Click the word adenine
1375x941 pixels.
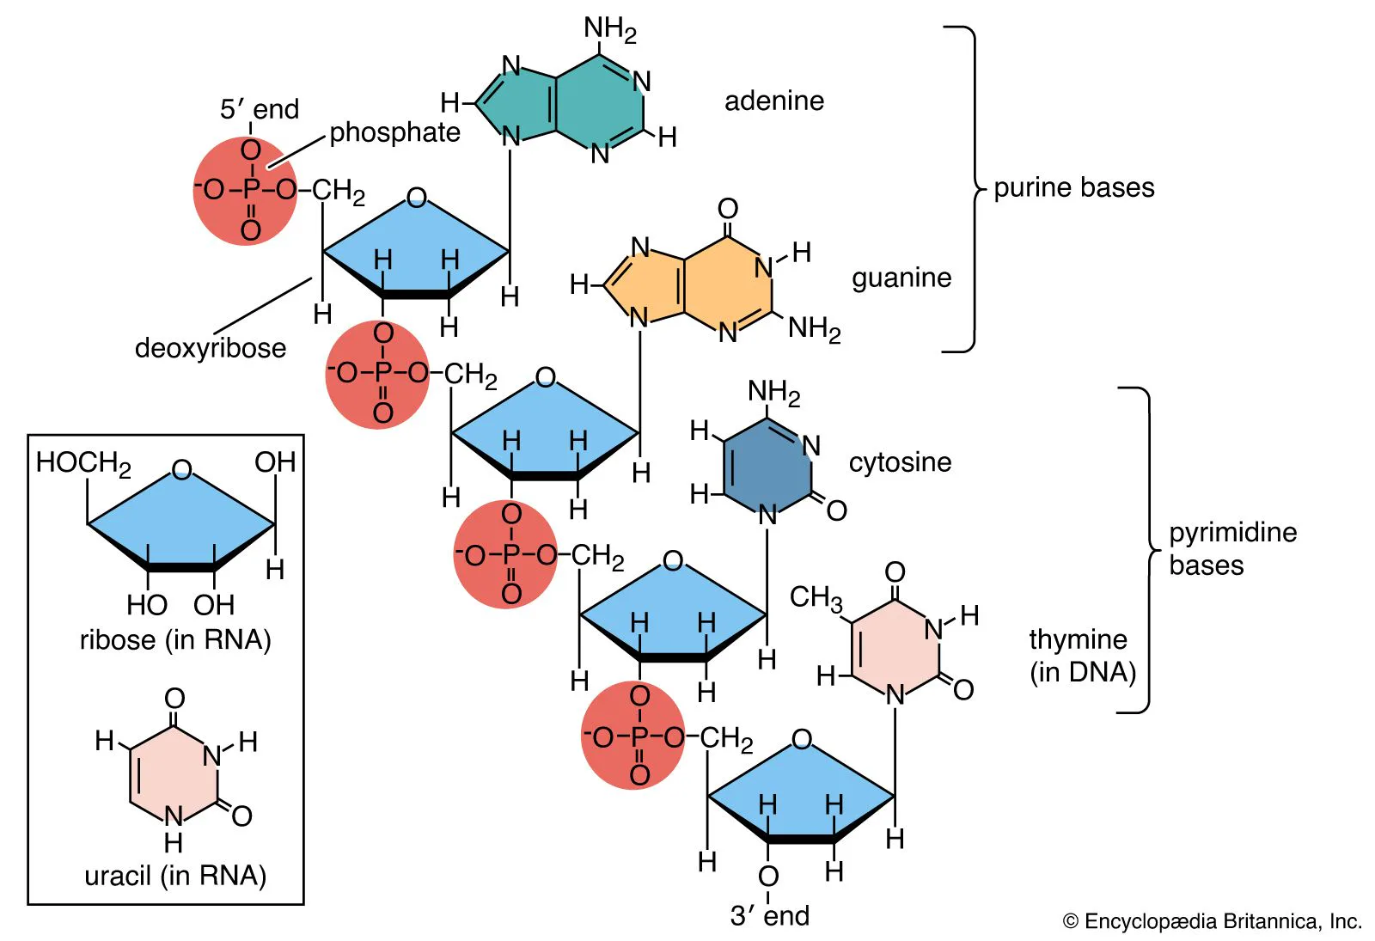tap(773, 101)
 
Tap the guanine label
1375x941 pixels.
tap(901, 278)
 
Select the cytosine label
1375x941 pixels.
tap(900, 462)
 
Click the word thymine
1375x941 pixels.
tap(1078, 639)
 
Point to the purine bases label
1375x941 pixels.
tap(1073, 187)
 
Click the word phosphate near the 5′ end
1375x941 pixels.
tap(394, 132)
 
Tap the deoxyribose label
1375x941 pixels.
tap(211, 348)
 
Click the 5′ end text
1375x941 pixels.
tap(259, 109)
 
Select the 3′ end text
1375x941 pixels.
tap(769, 916)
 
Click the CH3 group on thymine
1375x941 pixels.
tap(816, 597)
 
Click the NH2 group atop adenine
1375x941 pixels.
tap(609, 29)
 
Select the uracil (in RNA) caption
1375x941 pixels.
tap(175, 876)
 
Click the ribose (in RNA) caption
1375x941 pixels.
tap(175, 640)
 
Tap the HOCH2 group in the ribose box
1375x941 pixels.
tap(82, 463)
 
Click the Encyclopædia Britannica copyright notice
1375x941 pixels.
tap(1212, 921)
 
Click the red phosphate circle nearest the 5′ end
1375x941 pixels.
tap(245, 191)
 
